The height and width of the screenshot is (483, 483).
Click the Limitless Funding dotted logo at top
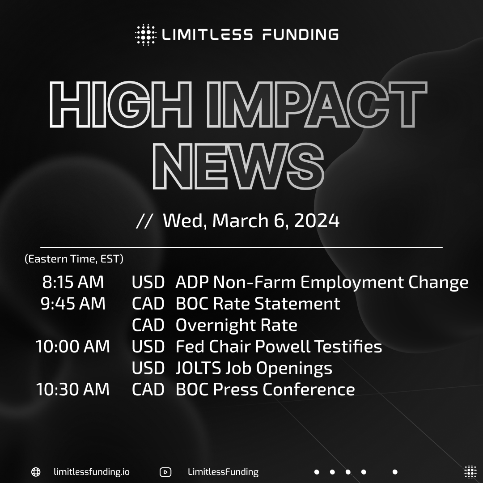click(145, 35)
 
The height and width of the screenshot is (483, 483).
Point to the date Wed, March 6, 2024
click(251, 221)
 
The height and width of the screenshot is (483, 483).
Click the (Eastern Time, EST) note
click(74, 259)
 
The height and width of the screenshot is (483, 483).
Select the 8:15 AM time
click(73, 282)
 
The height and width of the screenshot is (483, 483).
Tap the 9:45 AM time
click(73, 304)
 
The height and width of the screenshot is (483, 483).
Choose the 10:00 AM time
click(73, 347)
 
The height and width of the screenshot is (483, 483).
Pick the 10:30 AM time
click(73, 390)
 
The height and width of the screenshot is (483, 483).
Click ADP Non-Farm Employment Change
click(322, 282)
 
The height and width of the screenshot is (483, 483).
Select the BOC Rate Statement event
click(258, 304)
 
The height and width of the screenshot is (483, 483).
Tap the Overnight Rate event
click(236, 325)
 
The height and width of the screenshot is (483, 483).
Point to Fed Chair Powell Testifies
click(279, 347)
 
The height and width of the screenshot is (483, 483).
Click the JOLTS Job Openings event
click(254, 368)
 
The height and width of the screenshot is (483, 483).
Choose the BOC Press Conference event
click(265, 390)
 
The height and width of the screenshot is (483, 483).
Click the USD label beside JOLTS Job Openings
click(148, 368)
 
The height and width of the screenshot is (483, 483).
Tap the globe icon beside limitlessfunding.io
click(36, 472)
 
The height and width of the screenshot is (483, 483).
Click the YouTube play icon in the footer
click(165, 472)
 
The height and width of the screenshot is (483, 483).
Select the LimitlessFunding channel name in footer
click(223, 472)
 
